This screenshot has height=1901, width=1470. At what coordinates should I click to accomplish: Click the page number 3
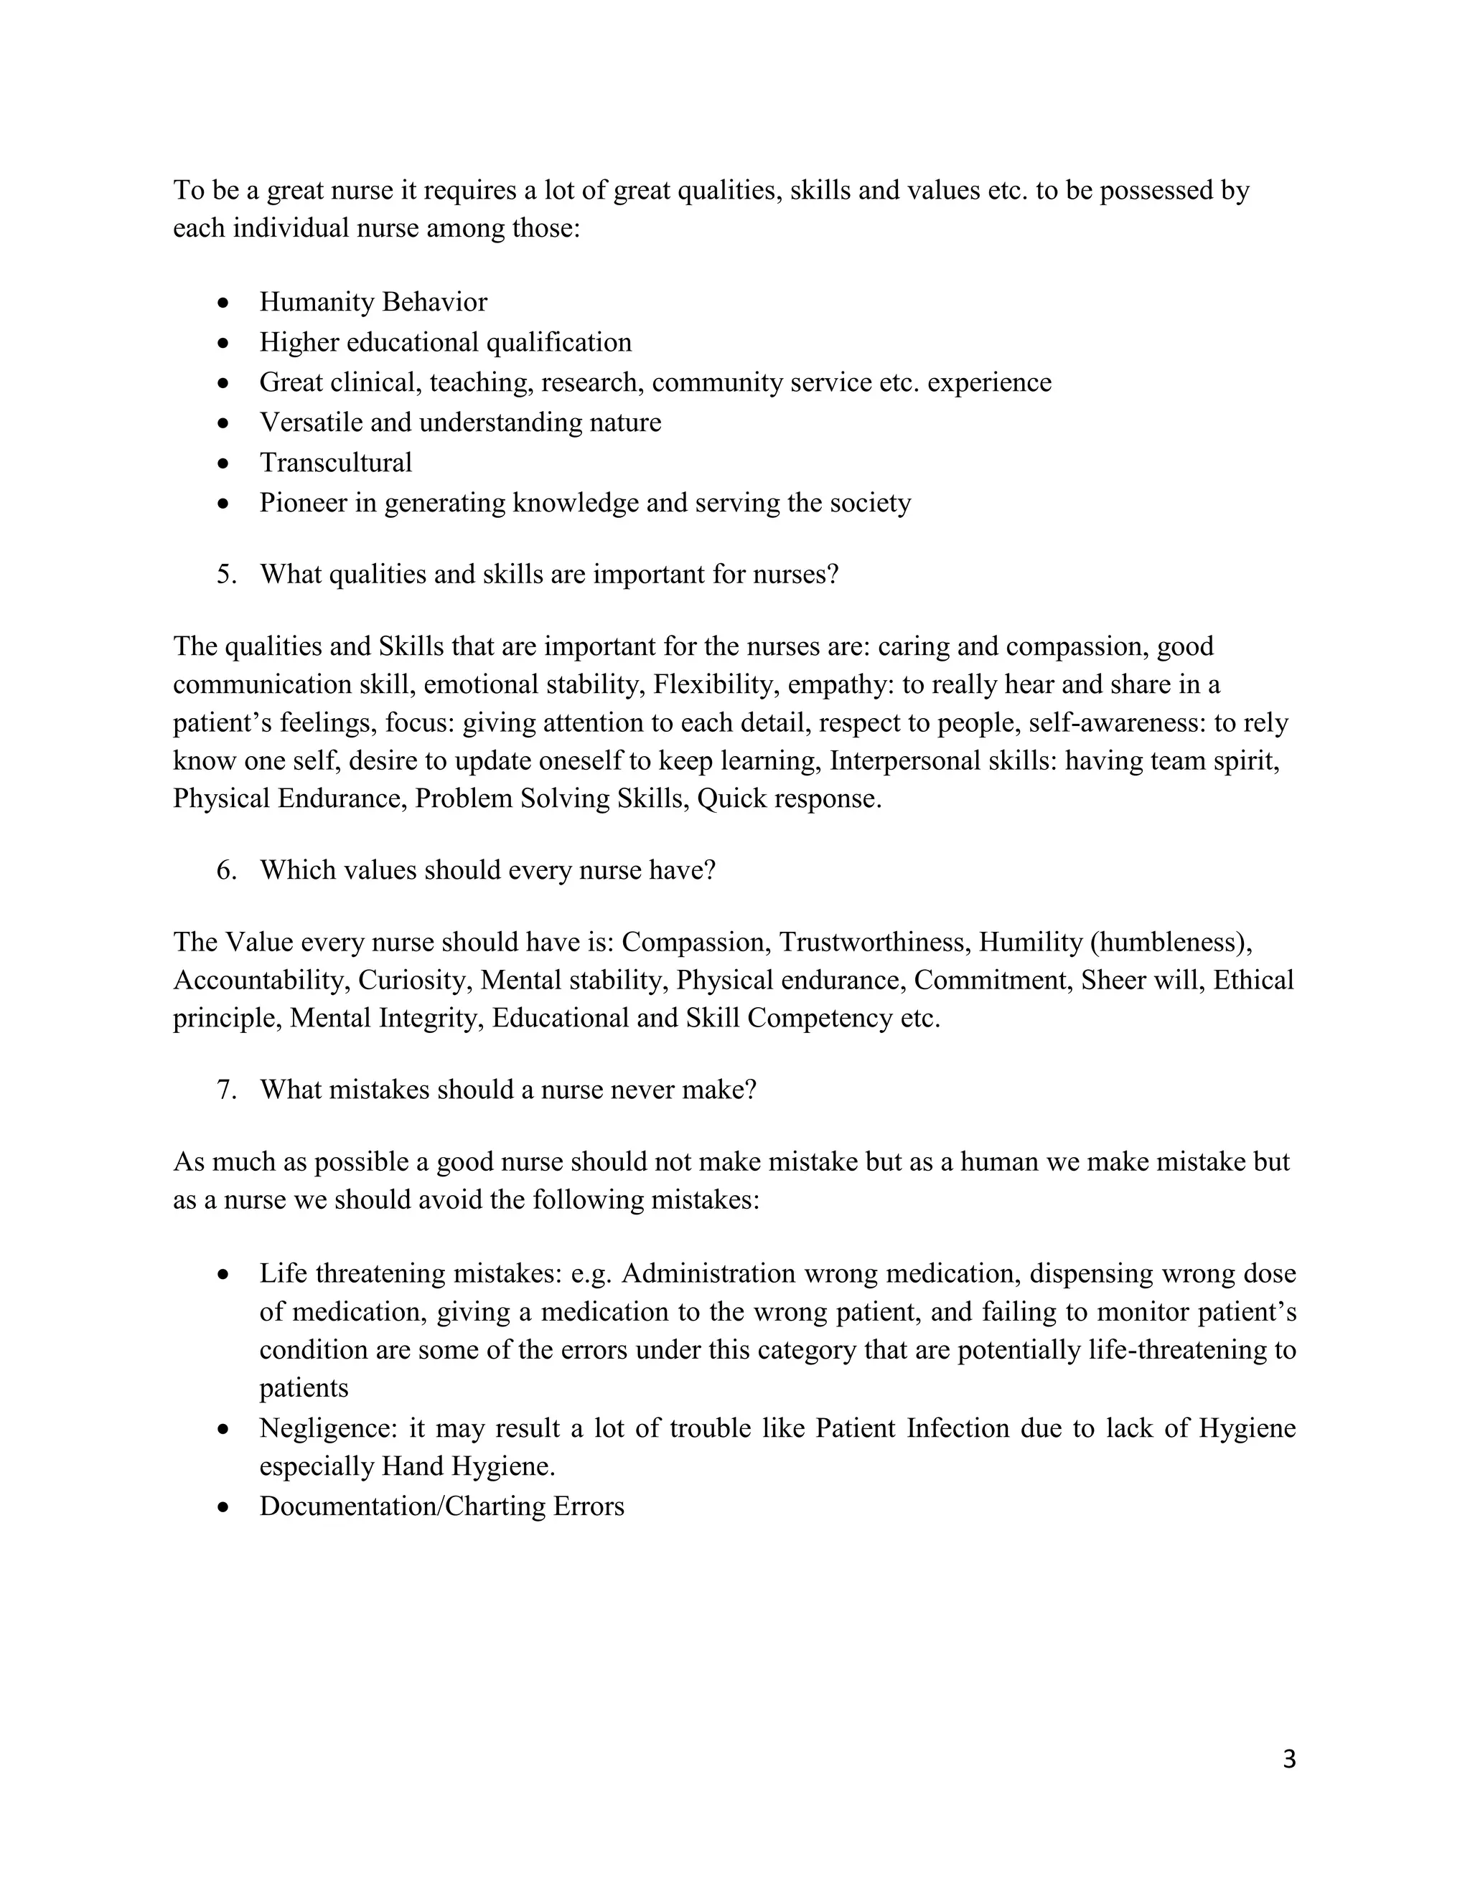pos(1289,1759)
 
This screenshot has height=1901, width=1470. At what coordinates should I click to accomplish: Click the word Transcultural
pos(335,462)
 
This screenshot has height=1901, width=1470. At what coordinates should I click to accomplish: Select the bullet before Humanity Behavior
pos(224,303)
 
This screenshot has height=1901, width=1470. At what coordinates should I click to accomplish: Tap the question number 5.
pos(226,575)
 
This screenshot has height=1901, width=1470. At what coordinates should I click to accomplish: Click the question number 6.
pos(226,870)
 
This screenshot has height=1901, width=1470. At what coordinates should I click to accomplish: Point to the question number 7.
pos(226,1090)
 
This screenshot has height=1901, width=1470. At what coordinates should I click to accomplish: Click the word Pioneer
pos(303,503)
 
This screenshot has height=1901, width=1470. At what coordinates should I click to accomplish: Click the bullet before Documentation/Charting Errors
pos(224,1506)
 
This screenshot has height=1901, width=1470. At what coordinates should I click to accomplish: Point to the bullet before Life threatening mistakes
pos(224,1274)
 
